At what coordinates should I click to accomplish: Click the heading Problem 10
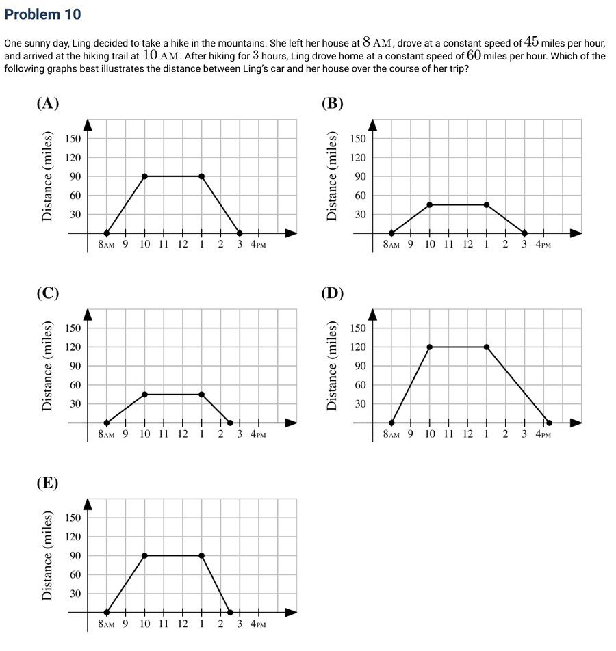[42, 14]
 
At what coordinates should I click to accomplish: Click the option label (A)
[48, 103]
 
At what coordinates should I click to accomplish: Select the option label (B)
[333, 103]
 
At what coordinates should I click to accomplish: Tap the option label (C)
[48, 293]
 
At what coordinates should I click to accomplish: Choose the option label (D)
[333, 293]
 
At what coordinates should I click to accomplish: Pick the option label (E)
[47, 483]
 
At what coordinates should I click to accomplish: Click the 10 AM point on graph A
[144, 176]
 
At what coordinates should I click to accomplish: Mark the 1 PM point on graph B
[487, 204]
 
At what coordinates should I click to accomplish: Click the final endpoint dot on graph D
[549, 423]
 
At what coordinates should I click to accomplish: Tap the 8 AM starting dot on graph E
[106, 613]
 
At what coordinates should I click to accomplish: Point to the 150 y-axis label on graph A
[73, 138]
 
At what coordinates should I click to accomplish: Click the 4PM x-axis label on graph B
[543, 245]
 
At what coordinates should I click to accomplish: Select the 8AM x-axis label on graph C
[106, 434]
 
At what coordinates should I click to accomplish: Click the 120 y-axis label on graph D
[358, 347]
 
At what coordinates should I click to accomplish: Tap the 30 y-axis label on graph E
[75, 594]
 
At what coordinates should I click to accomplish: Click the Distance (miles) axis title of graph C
[47, 366]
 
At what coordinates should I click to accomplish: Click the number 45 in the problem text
[531, 42]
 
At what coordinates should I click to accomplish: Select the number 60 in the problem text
[474, 55]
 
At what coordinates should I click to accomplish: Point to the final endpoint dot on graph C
[230, 423]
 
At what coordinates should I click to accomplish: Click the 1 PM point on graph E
[202, 555]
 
